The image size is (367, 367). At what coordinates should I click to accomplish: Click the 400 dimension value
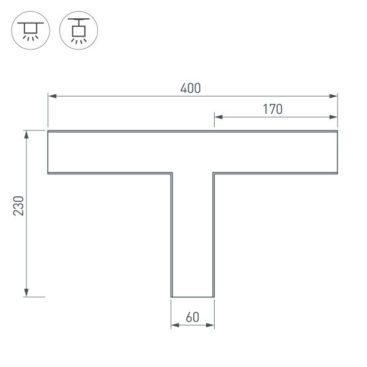(190, 88)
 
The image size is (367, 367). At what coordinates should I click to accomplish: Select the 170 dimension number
(272, 109)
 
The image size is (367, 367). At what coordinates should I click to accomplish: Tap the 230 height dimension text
(19, 207)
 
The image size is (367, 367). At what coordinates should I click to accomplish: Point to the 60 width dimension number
(192, 317)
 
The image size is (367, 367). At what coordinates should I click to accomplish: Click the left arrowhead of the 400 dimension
(51, 96)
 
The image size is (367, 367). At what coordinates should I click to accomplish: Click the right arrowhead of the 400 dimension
(334, 96)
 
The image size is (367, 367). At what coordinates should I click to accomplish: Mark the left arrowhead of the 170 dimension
(218, 117)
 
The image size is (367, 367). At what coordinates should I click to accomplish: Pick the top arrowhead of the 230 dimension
(26, 134)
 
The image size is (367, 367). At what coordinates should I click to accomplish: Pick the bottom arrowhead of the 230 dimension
(26, 293)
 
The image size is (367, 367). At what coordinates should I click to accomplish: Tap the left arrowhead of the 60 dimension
(174, 326)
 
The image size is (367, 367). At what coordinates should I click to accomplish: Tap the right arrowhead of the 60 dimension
(211, 326)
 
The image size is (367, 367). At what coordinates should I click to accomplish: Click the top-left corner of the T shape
(48, 131)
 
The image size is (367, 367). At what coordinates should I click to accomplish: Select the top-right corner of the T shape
(338, 131)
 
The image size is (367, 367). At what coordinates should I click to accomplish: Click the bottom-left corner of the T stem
(171, 297)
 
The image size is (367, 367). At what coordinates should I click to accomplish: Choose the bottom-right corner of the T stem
(214, 297)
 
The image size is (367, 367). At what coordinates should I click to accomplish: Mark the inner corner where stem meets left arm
(171, 174)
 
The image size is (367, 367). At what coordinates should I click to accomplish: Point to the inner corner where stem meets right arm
(214, 174)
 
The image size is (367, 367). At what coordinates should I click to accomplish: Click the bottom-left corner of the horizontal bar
(48, 174)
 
